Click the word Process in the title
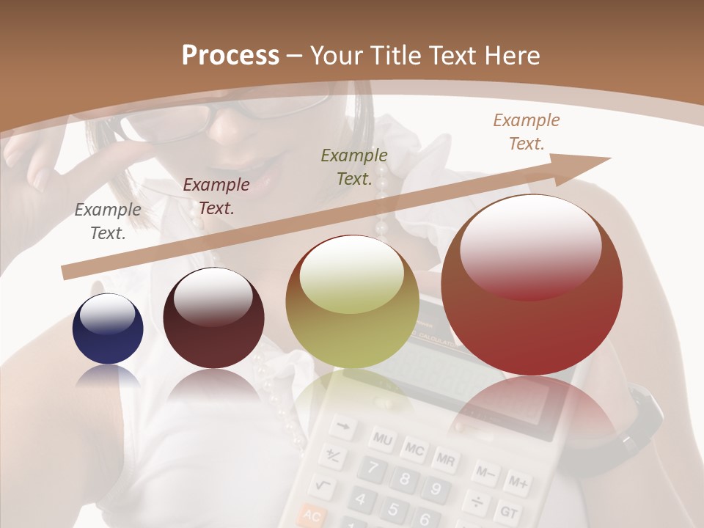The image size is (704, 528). click(x=230, y=56)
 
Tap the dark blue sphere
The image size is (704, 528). click(x=108, y=329)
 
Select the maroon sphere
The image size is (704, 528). click(x=213, y=318)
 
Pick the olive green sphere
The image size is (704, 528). click(x=352, y=301)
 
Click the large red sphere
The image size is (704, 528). click(x=532, y=285)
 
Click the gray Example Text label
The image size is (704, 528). click(x=108, y=221)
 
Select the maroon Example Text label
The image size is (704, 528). click(x=216, y=197)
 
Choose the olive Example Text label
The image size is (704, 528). click(x=354, y=166)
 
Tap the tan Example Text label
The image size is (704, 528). click(x=526, y=132)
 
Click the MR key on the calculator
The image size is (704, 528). click(x=444, y=459)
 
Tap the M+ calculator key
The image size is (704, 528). click(x=518, y=483)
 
